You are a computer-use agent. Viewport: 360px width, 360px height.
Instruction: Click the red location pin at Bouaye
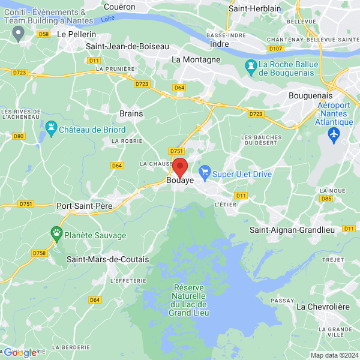[x=180, y=167]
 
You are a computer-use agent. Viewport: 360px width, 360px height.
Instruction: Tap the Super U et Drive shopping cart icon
[x=205, y=174]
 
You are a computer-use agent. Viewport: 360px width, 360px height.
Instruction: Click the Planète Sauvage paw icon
[x=56, y=232]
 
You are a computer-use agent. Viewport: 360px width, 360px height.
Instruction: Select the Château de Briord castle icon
[x=51, y=128]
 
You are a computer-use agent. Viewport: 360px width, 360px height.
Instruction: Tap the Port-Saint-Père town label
[x=84, y=206]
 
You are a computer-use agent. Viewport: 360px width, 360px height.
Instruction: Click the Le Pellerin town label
[x=76, y=35]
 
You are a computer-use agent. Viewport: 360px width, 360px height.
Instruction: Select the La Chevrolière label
[x=323, y=307]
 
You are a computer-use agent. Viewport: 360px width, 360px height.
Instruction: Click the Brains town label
[x=131, y=113]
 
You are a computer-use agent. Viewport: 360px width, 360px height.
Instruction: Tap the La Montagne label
[x=196, y=59]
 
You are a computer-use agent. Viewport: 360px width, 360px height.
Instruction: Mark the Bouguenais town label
[x=310, y=95]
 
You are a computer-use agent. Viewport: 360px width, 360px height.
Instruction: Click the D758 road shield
[x=39, y=253]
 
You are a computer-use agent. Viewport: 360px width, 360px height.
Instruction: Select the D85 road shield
[x=326, y=198]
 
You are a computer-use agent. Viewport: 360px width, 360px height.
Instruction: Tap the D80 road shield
[x=19, y=136]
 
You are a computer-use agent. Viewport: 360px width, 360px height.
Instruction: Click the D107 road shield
[x=275, y=49]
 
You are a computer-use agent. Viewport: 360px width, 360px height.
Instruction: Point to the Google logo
[x=20, y=353]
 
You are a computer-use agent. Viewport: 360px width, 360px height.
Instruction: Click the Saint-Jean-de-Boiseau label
[x=128, y=46]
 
